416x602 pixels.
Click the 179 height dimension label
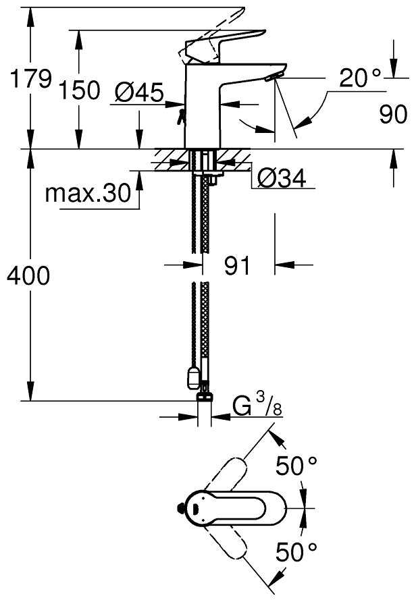coord(30,80)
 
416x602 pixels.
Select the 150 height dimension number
coord(80,90)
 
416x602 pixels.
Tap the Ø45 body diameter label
coord(139,92)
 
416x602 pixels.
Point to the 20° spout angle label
coord(360,78)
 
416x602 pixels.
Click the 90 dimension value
coord(393,114)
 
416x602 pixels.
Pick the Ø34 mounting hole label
coord(282,178)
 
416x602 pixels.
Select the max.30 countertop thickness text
coord(88,193)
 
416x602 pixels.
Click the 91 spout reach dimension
coord(237,265)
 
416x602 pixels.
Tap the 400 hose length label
coord(28,275)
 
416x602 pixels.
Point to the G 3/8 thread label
coord(257,406)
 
